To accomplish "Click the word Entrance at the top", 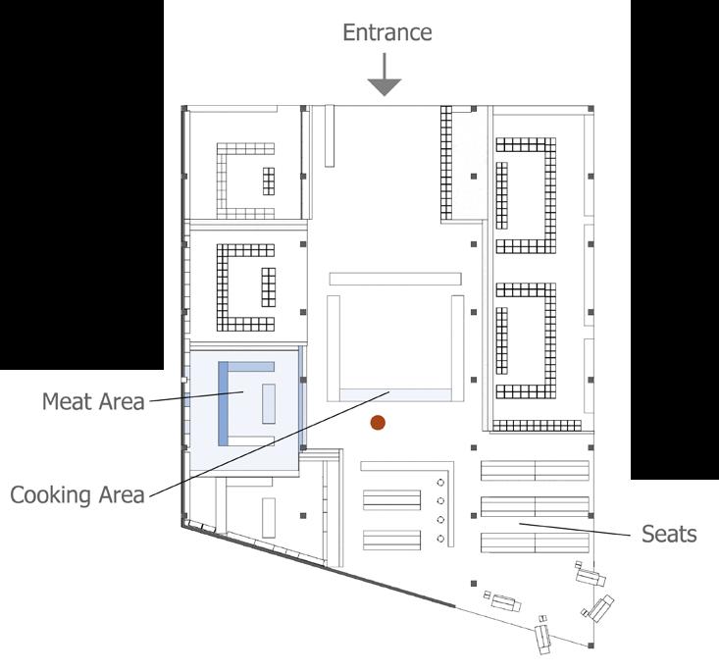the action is [386, 32].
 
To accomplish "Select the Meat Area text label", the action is [93, 400].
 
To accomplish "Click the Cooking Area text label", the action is [77, 493].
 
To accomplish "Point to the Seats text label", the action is [669, 534].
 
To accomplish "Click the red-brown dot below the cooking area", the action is [377, 423].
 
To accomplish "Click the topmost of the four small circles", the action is [440, 484].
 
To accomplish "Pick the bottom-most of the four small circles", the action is [440, 539].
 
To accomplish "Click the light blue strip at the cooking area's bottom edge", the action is [395, 393].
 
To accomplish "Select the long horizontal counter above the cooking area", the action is [394, 279].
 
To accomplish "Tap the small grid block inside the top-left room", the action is [269, 181].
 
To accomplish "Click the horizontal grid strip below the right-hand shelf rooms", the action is [536, 426].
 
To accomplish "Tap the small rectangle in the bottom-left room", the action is [268, 517].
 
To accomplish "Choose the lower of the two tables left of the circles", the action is [391, 540].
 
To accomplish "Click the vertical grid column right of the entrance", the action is [450, 163].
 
